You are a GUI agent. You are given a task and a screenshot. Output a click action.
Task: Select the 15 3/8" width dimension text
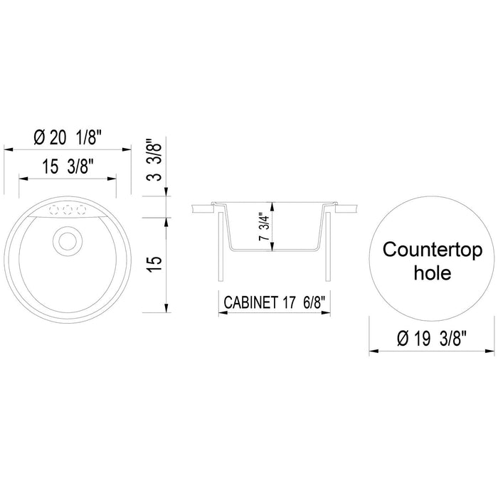point(68,168)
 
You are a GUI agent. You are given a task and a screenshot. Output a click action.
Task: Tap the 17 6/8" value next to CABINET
point(307,302)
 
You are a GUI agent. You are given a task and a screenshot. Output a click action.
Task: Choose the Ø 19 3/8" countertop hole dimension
point(432,339)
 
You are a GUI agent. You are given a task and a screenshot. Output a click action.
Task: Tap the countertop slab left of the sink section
point(203,208)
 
